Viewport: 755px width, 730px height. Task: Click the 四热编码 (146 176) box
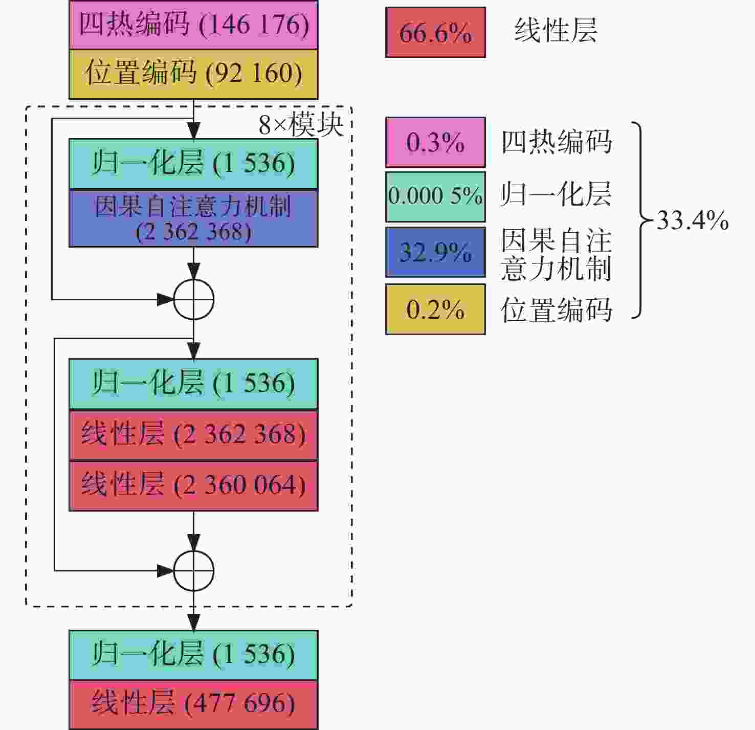tap(193, 25)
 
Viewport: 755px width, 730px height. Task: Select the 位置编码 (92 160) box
tap(193, 74)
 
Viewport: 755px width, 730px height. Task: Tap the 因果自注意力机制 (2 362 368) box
tap(193, 218)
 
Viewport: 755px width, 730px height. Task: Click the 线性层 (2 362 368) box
tap(193, 435)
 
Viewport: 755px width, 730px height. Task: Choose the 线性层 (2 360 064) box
tap(193, 485)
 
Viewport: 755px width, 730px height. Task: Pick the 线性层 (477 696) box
tap(193, 704)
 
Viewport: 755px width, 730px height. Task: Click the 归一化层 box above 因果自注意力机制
tap(193, 164)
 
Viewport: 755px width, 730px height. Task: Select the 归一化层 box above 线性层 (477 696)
tap(193, 655)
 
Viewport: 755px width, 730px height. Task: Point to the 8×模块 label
tap(301, 125)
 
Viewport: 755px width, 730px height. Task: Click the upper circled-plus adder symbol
tap(193, 300)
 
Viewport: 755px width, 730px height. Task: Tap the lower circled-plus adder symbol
tap(193, 571)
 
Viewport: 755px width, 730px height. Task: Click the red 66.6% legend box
tap(435, 32)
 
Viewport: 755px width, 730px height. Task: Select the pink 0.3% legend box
tap(435, 142)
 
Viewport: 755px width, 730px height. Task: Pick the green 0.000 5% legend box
tap(435, 197)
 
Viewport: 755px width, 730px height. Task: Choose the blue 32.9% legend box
tap(435, 252)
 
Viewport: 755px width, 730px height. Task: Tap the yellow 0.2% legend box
tap(435, 309)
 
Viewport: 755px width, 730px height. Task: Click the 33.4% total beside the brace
tap(693, 220)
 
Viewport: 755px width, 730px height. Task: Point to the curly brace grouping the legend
tap(640, 220)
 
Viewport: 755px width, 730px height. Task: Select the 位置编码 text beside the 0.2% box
tap(557, 309)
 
